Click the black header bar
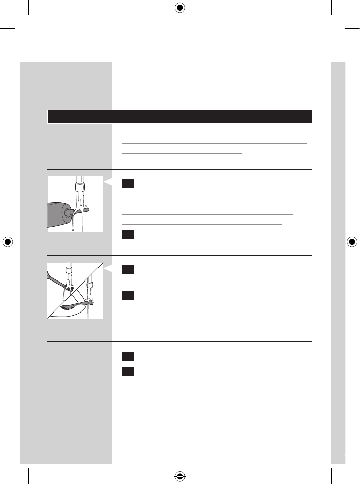click(x=179, y=117)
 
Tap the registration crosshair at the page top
click(x=179, y=8)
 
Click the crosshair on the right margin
click(x=351, y=241)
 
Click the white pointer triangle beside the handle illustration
click(x=107, y=182)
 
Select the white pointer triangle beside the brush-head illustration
click(x=107, y=268)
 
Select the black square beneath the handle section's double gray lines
click(x=127, y=234)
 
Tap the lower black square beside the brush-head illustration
click(x=127, y=295)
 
